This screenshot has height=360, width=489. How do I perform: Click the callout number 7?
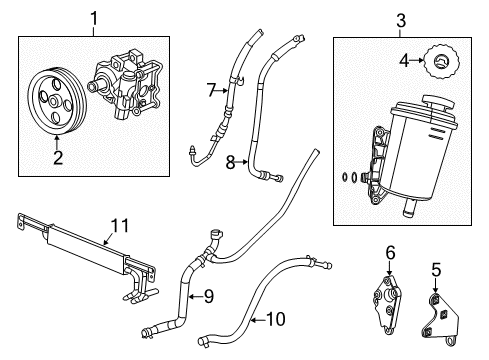click(x=211, y=91)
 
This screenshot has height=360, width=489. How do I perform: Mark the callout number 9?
click(x=208, y=295)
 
